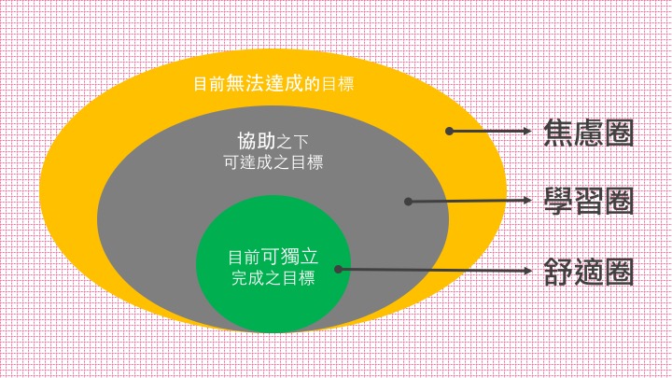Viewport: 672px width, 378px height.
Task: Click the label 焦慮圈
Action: [x=589, y=133]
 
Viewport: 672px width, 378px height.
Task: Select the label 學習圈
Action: [x=589, y=201]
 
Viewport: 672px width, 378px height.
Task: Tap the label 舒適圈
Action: [x=589, y=271]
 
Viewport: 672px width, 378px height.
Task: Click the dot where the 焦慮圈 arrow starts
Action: [x=449, y=132]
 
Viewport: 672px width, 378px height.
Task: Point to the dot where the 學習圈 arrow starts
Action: [x=407, y=201]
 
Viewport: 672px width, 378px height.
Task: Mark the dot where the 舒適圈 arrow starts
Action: [x=338, y=269]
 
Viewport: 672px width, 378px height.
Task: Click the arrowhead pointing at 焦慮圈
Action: [x=528, y=132]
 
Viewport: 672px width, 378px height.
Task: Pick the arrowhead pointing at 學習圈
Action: [x=528, y=200]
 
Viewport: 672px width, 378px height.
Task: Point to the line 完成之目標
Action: [x=273, y=278]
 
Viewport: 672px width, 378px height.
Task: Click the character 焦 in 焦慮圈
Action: [x=559, y=133]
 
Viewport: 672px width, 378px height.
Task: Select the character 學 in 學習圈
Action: [x=559, y=201]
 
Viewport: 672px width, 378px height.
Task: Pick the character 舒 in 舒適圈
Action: [x=559, y=271]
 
